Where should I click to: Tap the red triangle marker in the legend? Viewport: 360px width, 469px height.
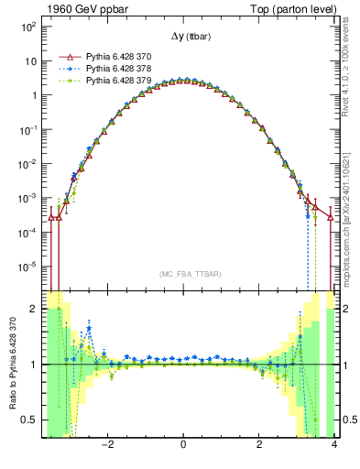[66, 56]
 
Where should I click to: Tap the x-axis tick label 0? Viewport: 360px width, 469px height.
[184, 447]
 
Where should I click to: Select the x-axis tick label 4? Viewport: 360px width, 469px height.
[334, 447]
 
